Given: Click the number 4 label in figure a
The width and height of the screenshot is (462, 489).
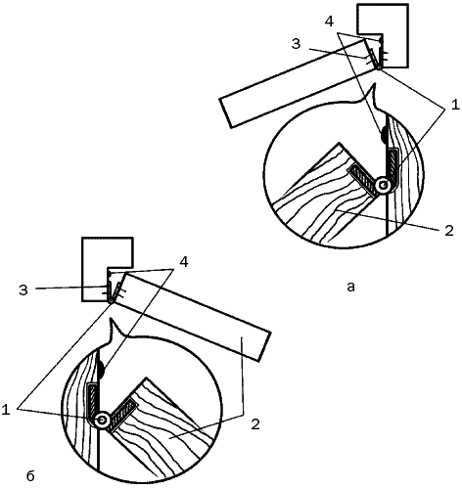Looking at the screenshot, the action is (x=330, y=22).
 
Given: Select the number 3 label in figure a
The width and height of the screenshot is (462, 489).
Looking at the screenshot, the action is (x=296, y=44).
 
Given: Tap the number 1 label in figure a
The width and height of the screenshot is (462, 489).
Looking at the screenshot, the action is (x=455, y=105).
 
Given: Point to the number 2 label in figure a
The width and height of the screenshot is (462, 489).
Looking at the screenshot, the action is (x=449, y=231).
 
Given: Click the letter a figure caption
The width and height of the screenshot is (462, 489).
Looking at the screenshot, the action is (x=350, y=287).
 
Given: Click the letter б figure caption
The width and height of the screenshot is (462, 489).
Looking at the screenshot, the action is (x=30, y=477).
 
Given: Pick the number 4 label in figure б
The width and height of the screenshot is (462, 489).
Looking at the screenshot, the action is (x=184, y=262).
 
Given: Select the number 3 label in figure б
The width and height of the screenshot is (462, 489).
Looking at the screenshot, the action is (x=23, y=289).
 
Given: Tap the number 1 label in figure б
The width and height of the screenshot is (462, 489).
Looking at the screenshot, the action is (x=6, y=410).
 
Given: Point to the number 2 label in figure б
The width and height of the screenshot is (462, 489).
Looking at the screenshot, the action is (x=255, y=424).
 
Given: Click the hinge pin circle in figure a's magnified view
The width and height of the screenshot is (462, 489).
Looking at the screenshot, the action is (x=383, y=186).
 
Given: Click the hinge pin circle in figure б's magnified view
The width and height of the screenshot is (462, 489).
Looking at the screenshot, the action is (x=103, y=421).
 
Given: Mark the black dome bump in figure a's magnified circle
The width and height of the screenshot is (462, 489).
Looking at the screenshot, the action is (x=384, y=134).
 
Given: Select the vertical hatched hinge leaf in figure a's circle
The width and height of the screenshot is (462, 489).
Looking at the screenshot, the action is (x=393, y=164).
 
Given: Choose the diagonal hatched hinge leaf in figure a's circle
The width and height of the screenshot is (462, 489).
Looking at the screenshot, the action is (x=362, y=180).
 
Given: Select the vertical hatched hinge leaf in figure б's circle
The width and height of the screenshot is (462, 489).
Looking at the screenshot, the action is (x=93, y=399).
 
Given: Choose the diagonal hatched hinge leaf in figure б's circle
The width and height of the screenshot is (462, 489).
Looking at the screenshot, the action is (x=123, y=414).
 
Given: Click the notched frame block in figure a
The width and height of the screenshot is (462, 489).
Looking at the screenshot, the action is (x=389, y=35).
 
